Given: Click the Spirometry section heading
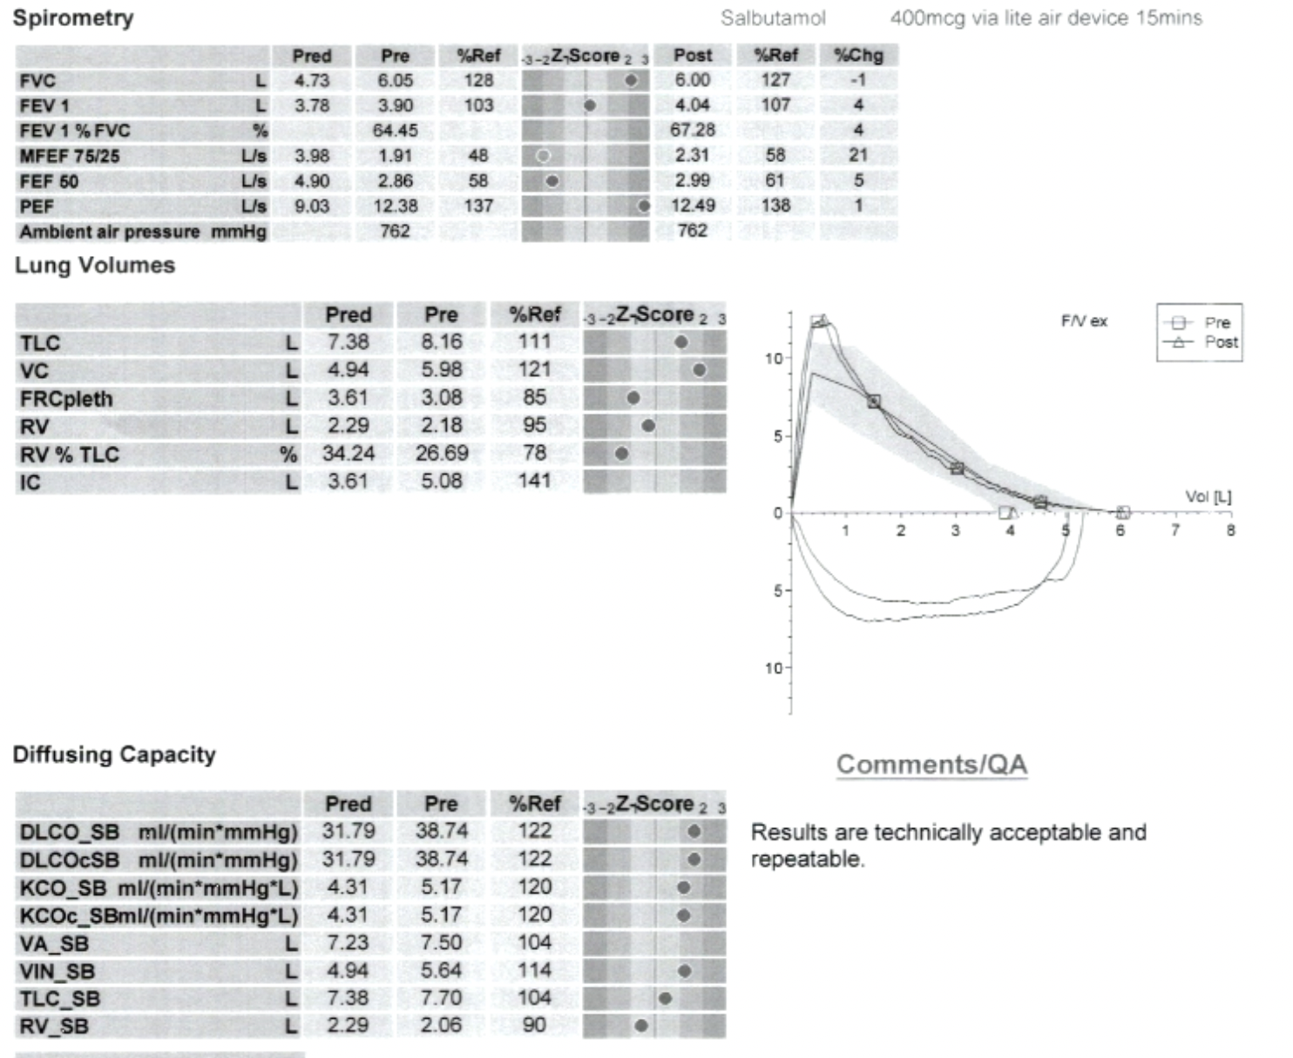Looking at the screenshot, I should (x=73, y=18).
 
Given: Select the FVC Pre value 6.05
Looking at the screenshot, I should (x=395, y=80).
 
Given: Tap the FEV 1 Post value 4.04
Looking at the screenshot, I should (x=693, y=105).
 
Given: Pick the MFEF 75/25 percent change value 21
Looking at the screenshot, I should (x=858, y=155).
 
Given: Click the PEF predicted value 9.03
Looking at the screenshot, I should (x=312, y=206).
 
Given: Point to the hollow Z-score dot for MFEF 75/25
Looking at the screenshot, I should (x=544, y=156).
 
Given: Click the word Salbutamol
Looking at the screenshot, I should (x=773, y=18).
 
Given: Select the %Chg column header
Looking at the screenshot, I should (x=858, y=56).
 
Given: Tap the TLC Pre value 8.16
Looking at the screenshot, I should (x=441, y=342).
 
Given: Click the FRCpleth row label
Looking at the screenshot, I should (x=66, y=399).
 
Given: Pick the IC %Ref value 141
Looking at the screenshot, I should (x=534, y=481).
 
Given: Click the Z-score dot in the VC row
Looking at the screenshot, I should (x=699, y=370).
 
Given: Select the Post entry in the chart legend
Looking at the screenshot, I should (x=1220, y=342).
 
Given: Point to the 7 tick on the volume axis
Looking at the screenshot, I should (x=1175, y=529).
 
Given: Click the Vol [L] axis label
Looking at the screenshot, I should (x=1208, y=497).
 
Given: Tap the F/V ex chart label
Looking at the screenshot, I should (x=1084, y=321).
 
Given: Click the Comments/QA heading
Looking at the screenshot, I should (x=931, y=765).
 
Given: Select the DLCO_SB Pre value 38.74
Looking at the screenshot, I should (x=441, y=831).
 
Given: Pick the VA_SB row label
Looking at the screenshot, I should (x=54, y=943).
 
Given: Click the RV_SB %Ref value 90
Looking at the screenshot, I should (x=534, y=1026).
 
